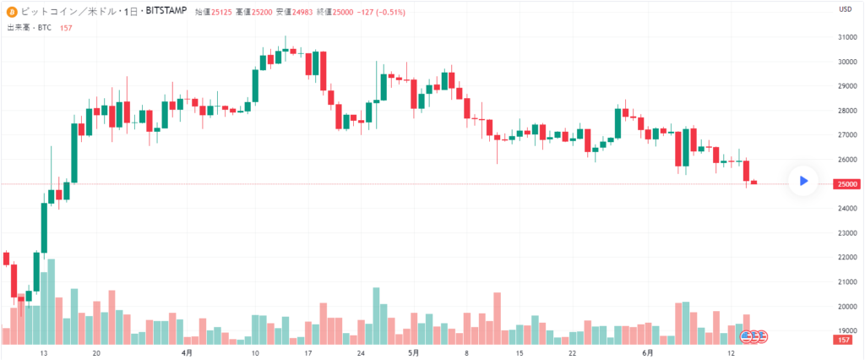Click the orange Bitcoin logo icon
(12, 12)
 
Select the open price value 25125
(220, 12)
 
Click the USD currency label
(844, 9)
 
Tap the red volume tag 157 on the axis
(841, 339)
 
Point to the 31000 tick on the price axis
(845, 37)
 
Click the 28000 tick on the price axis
(845, 111)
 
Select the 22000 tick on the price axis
(845, 257)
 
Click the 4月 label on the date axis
(186, 353)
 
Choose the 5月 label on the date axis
(413, 353)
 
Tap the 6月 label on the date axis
(647, 353)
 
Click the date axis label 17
(308, 353)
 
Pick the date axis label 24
(361, 353)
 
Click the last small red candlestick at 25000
(754, 183)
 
